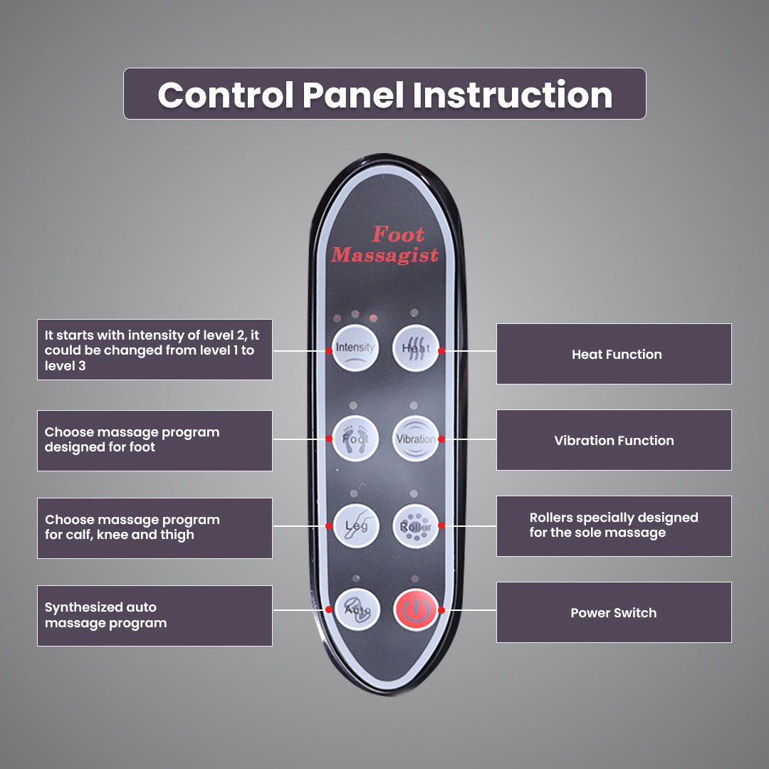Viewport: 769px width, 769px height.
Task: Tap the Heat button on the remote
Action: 416,348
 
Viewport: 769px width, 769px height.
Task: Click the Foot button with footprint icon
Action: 355,439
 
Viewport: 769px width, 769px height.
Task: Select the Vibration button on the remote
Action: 416,439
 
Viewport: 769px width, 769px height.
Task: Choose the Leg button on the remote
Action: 356,525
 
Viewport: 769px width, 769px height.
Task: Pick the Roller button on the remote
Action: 416,525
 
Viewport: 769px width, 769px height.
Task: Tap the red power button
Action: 416,610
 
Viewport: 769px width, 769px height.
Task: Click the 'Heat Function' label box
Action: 614,354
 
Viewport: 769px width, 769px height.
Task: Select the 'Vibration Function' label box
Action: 614,440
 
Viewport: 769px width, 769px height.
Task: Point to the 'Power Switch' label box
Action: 614,612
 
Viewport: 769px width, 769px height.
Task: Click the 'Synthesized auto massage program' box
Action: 155,615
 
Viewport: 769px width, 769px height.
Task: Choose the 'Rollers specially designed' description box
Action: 614,525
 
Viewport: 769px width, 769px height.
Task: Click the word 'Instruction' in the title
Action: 513,95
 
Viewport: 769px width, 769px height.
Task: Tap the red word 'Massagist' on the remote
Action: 385,255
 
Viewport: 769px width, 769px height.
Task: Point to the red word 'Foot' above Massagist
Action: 398,234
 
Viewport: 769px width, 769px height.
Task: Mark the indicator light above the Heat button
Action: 414,313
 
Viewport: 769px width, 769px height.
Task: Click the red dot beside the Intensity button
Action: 329,351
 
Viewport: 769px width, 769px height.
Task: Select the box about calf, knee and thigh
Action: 155,528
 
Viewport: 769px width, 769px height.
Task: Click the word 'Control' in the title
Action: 226,95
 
